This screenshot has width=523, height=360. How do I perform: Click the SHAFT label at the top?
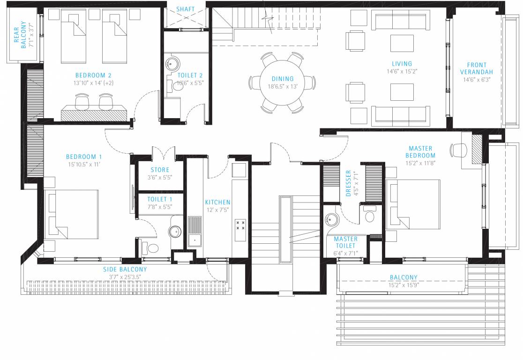point(186,9)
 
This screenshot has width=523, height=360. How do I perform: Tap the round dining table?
point(282,82)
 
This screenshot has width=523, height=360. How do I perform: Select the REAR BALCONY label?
point(20,37)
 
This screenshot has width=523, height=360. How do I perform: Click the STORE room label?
point(160,170)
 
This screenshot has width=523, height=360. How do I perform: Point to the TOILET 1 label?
point(160,199)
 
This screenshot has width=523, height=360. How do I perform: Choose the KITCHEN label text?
point(217,202)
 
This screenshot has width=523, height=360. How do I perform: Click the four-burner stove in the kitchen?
point(240,225)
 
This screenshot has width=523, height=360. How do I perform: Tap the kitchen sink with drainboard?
point(194,231)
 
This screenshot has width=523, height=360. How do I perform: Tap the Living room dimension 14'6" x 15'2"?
point(402,72)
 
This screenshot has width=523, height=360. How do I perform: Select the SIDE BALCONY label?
point(125,270)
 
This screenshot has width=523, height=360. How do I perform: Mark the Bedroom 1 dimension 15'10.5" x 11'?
point(83,165)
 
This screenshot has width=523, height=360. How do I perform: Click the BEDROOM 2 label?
point(93,75)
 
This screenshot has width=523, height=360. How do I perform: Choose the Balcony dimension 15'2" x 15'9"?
point(403,285)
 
